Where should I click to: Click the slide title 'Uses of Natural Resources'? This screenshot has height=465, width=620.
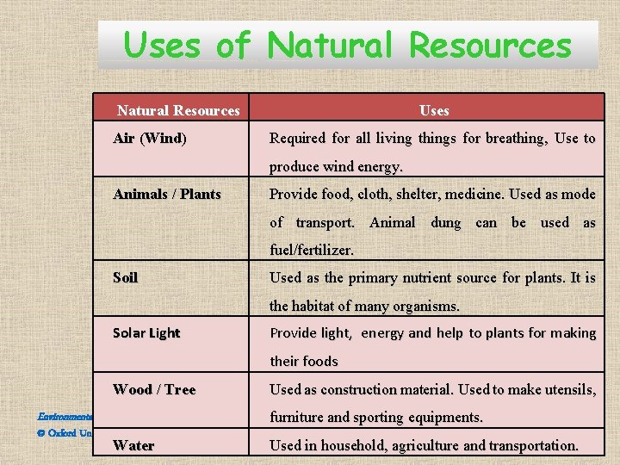(347, 45)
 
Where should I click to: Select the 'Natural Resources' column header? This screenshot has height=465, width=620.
(178, 110)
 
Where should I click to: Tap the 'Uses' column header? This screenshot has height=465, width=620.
(434, 110)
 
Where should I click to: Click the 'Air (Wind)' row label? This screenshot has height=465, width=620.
(150, 138)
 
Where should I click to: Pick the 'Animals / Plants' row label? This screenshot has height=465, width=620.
(167, 194)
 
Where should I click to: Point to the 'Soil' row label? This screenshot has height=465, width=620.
(126, 277)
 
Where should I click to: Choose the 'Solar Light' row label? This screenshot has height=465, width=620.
(146, 333)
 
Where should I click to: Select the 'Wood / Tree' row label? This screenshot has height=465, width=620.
(154, 389)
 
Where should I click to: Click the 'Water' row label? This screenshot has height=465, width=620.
(133, 445)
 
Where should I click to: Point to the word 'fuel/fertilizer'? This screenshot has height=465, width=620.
(311, 251)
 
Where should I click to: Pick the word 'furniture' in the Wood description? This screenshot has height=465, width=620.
(298, 418)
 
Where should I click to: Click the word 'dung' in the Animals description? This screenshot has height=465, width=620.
(445, 223)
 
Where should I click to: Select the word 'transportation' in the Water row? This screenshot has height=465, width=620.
(533, 446)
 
